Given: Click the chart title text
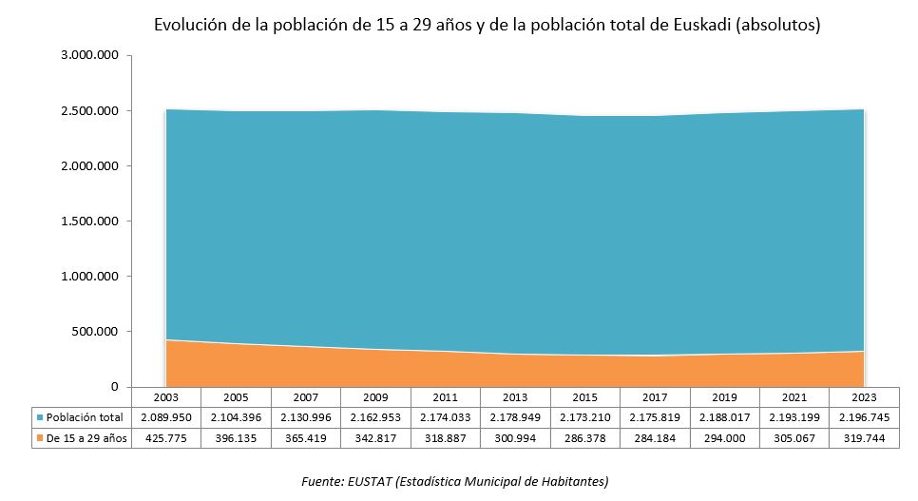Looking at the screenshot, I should click(x=487, y=26).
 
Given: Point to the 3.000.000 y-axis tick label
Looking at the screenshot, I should click(x=89, y=56).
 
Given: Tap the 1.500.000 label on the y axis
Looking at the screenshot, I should click(x=89, y=222).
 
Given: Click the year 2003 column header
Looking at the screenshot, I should click(x=165, y=396).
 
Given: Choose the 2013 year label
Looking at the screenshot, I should click(x=515, y=396).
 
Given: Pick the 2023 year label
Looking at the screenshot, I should click(x=864, y=396).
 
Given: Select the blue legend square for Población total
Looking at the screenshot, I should click(x=40, y=417).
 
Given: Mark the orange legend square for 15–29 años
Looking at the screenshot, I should click(x=40, y=438).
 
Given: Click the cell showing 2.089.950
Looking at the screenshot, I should click(x=165, y=417).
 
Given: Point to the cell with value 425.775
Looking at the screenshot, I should click(x=165, y=438).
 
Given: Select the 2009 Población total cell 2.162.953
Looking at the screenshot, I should click(x=375, y=417).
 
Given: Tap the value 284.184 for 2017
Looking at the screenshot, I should click(x=655, y=438).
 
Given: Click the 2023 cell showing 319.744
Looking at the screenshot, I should click(x=864, y=438).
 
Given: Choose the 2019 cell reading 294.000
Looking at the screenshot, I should click(x=724, y=438).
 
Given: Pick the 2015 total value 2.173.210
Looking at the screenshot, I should click(x=584, y=417).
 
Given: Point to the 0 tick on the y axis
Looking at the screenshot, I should click(x=113, y=387).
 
